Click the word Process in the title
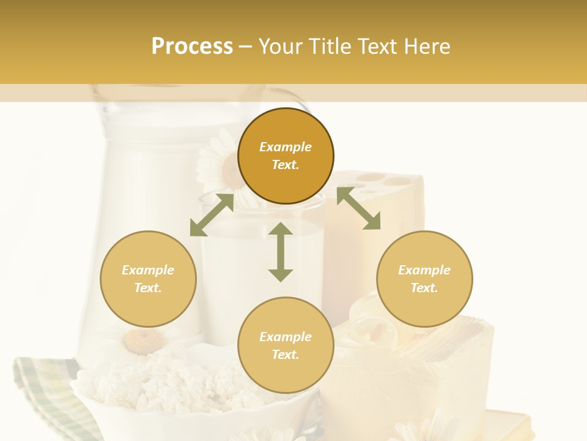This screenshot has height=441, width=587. click(192, 47)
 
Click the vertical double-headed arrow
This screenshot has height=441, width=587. click(281, 252)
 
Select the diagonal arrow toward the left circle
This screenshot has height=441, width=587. click(212, 215)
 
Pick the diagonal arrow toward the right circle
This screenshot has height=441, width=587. click(358, 208)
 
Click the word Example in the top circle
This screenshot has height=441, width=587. click(286, 147)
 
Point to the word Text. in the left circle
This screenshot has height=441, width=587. click(148, 288)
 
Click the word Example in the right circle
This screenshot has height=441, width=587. click(424, 270)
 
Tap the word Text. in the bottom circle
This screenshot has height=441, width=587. click(286, 355)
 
